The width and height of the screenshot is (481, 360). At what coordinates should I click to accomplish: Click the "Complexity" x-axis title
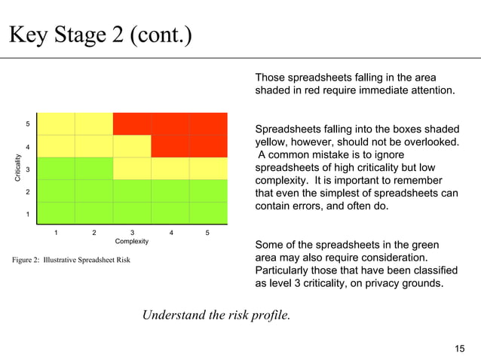coord(132,241)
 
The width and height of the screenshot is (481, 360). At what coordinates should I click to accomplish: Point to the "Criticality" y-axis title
coord(17,168)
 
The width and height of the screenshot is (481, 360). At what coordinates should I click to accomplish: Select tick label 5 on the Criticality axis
coord(28,124)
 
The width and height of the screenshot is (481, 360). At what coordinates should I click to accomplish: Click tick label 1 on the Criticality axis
coord(28,215)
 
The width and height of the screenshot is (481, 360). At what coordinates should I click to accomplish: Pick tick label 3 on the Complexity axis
coord(132,232)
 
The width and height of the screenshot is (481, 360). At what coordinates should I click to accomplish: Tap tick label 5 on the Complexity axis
coord(207,232)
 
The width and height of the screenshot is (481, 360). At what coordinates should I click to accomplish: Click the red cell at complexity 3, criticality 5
coord(132,124)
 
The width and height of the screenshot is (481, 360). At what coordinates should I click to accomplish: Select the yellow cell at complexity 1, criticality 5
coord(56,124)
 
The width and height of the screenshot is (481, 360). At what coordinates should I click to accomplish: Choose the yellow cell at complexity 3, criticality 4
coord(132,146)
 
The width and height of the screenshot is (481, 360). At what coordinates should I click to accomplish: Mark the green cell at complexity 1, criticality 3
coord(56,169)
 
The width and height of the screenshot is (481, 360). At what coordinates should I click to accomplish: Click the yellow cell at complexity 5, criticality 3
coord(208,169)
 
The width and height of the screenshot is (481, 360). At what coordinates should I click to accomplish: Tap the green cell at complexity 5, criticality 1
coord(208,214)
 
